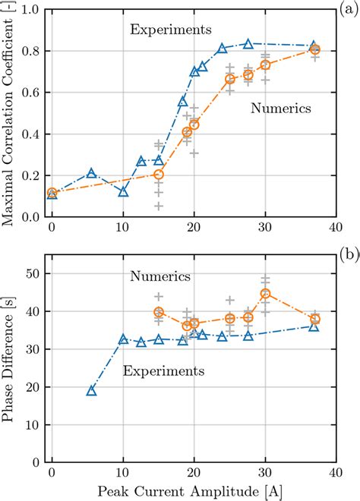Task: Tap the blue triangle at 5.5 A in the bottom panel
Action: [91, 391]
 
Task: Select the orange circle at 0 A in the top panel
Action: [52, 193]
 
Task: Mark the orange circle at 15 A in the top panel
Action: [159, 175]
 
